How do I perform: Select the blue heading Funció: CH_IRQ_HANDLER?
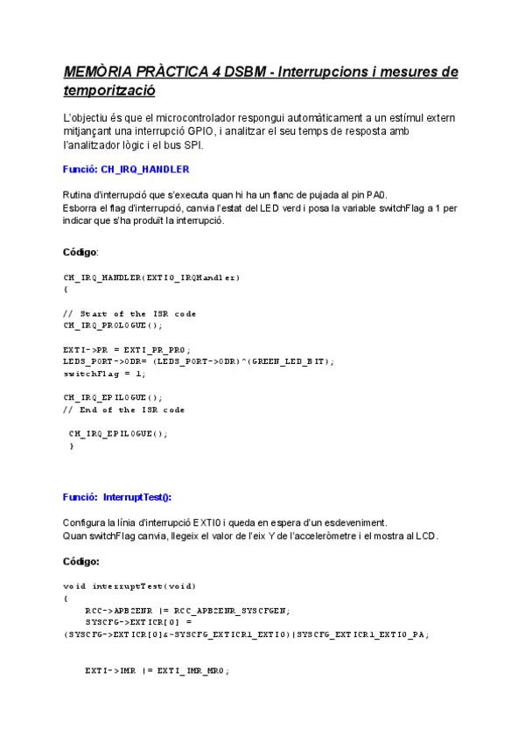coord(126,169)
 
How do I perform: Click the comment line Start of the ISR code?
coord(129,313)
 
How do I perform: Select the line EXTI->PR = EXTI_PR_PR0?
coord(127,349)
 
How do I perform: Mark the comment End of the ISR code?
coord(124,409)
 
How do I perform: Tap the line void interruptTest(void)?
coord(129,585)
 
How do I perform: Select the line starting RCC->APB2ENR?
coord(192,610)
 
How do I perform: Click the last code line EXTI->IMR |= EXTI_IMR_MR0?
coord(157,670)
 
